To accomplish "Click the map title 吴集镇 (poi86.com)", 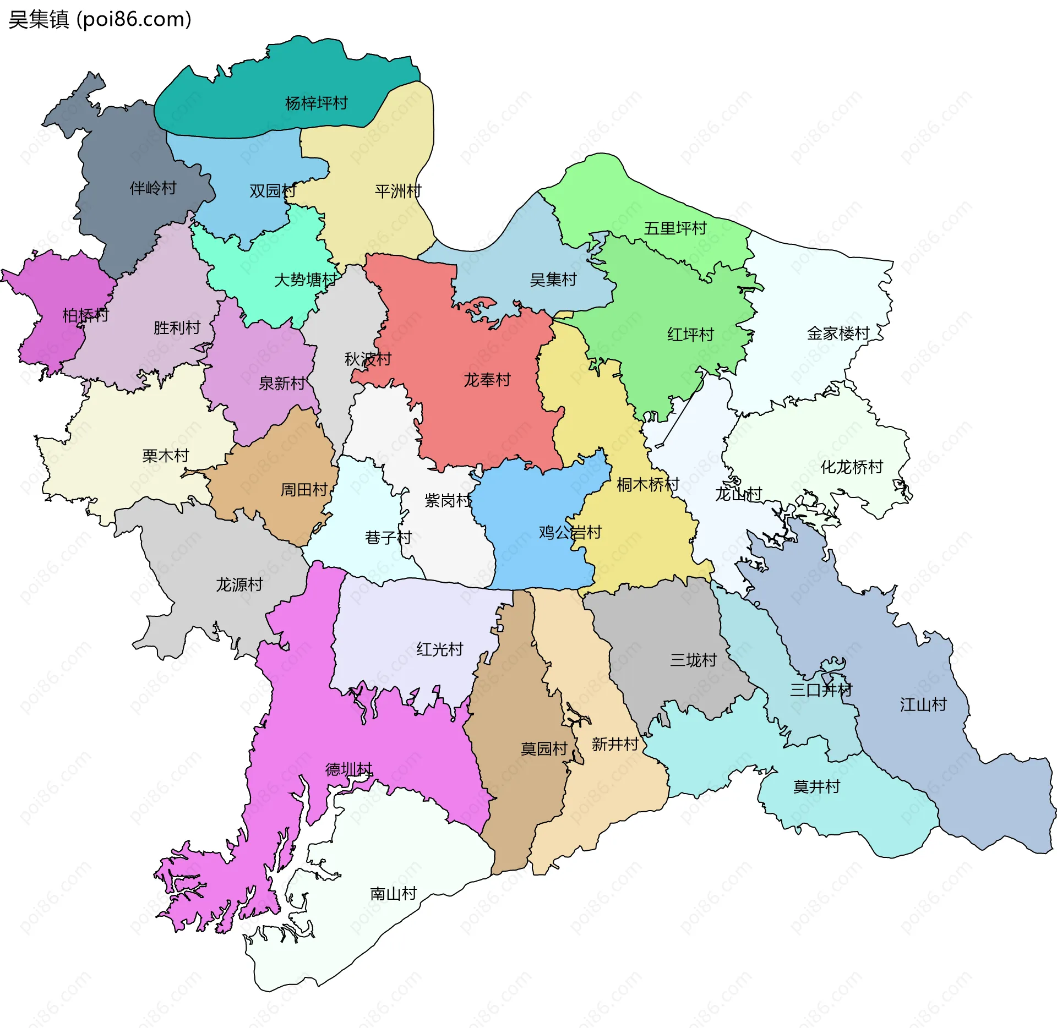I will point(100,20).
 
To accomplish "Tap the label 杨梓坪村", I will point(316,103).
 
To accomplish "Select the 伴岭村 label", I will point(153,188).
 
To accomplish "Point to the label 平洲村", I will point(397,191).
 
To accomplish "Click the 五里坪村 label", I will point(675,228).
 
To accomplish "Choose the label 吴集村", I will point(553,280).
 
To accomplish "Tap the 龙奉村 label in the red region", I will point(487,380).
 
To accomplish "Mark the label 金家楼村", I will point(838,333).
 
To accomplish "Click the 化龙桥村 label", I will point(852,467).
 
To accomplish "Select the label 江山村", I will point(923,704).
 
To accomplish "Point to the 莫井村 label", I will point(816,786).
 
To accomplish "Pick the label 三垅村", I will point(693,660).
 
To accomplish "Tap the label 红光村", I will point(439,649).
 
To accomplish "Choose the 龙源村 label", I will point(239,584).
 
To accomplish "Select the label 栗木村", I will point(165,456).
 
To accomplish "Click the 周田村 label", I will point(304,489).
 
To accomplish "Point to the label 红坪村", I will point(690,334).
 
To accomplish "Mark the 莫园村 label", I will point(544,748).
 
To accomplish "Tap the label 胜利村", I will point(177,327).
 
